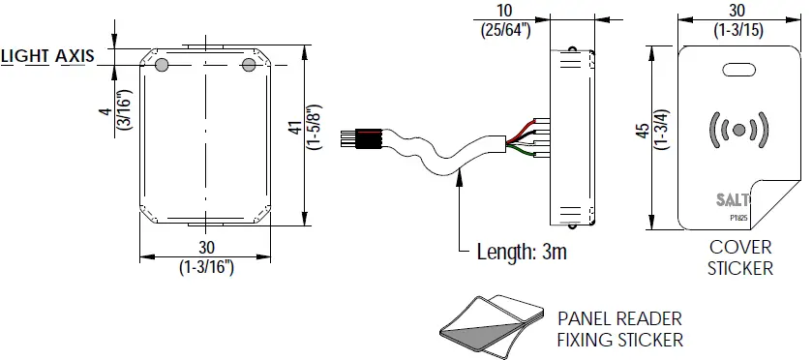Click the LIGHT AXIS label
pyautogui.click(x=47, y=56)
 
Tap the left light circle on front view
pyautogui.click(x=162, y=64)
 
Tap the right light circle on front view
pyautogui.click(x=249, y=64)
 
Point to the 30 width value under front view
pyautogui.click(x=205, y=248)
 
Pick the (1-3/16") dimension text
pyautogui.click(x=205, y=264)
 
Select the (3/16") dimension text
pyautogui.click(x=122, y=109)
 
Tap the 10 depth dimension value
pyautogui.click(x=504, y=10)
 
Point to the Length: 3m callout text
pyautogui.click(x=521, y=254)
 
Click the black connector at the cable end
pyautogui.click(x=370, y=137)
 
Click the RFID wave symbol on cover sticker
pyautogui.click(x=739, y=129)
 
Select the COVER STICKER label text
pyautogui.click(x=740, y=258)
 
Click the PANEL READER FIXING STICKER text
pyautogui.click(x=620, y=329)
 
